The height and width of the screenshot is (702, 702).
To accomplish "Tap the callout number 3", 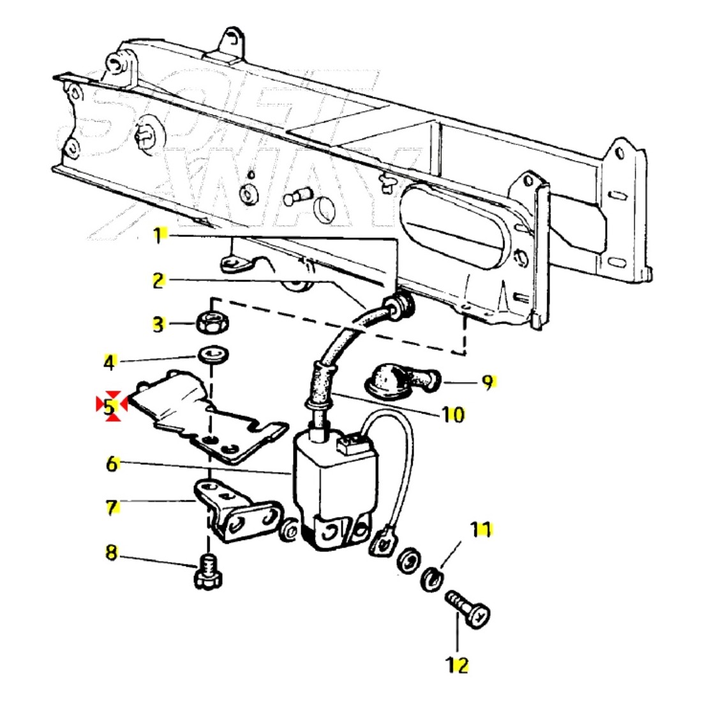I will coord(158,324).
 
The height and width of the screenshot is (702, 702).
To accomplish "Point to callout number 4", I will coord(110,363).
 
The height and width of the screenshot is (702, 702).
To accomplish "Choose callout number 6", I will coord(112,463).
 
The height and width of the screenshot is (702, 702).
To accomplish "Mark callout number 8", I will coord(112,553).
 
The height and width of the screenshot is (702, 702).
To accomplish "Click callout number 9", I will coord(488,383).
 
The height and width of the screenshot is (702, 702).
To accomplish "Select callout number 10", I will coord(452,414).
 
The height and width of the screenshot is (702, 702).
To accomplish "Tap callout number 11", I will coord(482,529).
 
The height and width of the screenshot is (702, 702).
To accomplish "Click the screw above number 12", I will coord(468,609).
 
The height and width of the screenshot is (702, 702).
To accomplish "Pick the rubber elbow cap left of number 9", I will coord(395,381).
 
